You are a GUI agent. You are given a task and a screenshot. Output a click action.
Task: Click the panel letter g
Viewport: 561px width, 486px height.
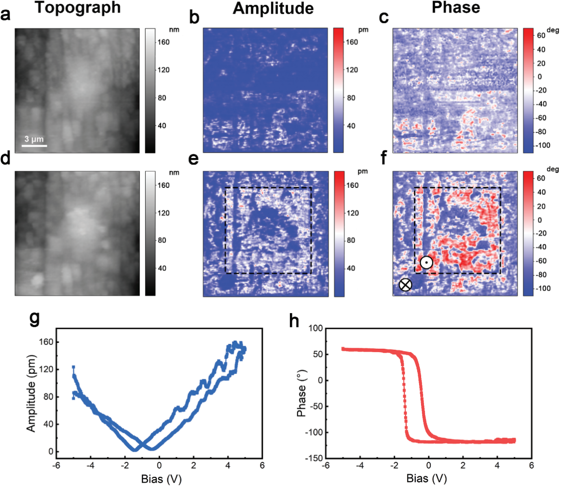pos(33,319)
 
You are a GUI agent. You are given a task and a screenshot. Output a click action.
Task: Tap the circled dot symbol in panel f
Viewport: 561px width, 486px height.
pos(426,262)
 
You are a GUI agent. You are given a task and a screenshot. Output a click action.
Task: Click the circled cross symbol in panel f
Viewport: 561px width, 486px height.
pos(406,285)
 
